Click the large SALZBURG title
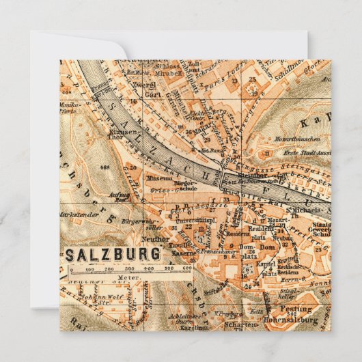[115, 253]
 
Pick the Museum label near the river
[159, 176]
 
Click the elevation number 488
[105, 167]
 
